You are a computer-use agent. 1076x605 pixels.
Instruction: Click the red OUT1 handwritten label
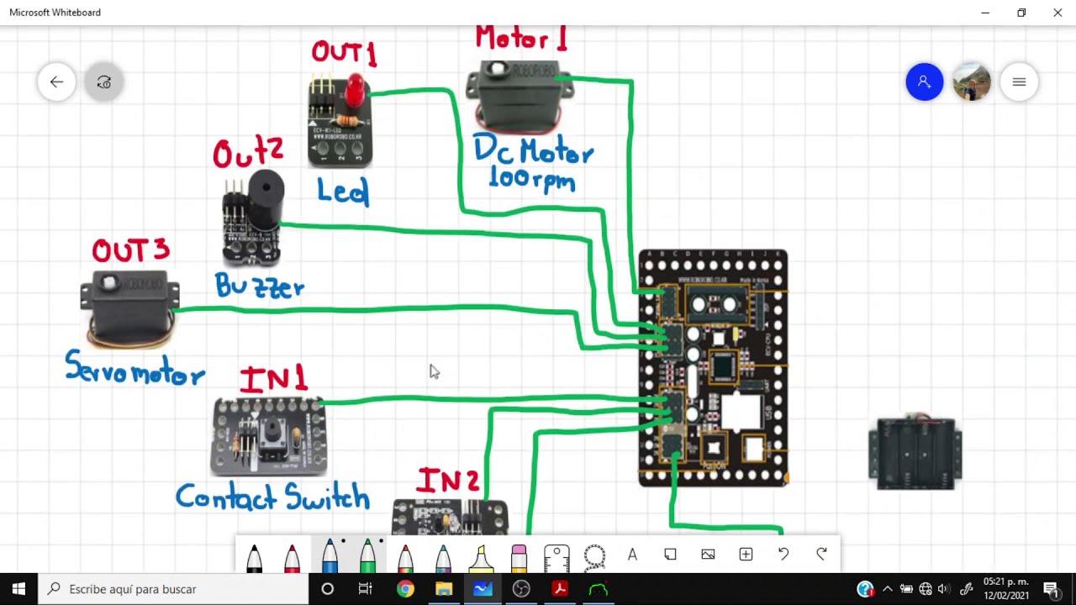point(344,52)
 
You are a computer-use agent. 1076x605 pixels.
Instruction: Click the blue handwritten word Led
point(343,192)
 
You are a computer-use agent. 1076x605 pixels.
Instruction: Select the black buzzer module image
point(252,216)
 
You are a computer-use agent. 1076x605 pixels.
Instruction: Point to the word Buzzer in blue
point(259,287)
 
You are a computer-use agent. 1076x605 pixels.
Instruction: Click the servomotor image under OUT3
point(129,308)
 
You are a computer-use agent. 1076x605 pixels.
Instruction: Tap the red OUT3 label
point(130,250)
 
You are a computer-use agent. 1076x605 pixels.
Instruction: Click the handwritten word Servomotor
point(134,370)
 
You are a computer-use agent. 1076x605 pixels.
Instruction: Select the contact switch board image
point(268,436)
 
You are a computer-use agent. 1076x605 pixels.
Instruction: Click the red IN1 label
point(273,380)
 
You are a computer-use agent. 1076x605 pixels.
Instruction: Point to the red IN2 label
point(448,481)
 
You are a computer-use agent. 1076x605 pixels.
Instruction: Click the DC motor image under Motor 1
point(520,95)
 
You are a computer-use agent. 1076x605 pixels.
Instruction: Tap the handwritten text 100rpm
point(531,179)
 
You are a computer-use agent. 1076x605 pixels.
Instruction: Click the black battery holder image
point(915,453)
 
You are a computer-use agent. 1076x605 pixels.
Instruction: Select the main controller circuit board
point(713,367)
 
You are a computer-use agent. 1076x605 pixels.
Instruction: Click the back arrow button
point(56,82)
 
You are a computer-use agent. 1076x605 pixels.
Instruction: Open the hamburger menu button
point(1019,82)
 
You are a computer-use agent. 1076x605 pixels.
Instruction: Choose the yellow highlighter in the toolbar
point(481,557)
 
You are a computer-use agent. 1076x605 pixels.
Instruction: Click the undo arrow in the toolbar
point(783,554)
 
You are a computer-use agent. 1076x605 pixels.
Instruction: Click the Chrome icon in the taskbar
point(405,589)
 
